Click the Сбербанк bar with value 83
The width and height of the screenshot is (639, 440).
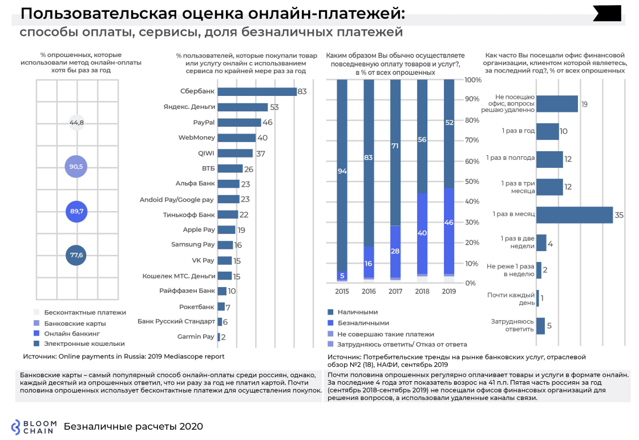(x=257, y=92)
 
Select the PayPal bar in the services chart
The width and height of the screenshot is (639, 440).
(x=239, y=122)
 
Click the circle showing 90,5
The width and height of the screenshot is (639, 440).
(x=76, y=167)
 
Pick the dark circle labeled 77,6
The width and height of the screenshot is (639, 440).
(x=76, y=255)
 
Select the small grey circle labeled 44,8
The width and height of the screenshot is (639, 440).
(x=76, y=123)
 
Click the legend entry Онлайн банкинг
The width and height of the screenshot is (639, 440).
(x=72, y=333)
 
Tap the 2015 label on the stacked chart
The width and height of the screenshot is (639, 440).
(x=342, y=292)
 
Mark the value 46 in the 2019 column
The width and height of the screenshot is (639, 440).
(x=449, y=223)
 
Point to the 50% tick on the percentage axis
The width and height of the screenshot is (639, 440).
(x=472, y=181)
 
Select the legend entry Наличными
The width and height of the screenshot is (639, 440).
(x=357, y=313)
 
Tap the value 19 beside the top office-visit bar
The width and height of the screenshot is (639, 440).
(x=584, y=104)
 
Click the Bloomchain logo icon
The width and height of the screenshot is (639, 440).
(x=18, y=427)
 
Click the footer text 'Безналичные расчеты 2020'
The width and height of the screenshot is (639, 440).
(x=134, y=427)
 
